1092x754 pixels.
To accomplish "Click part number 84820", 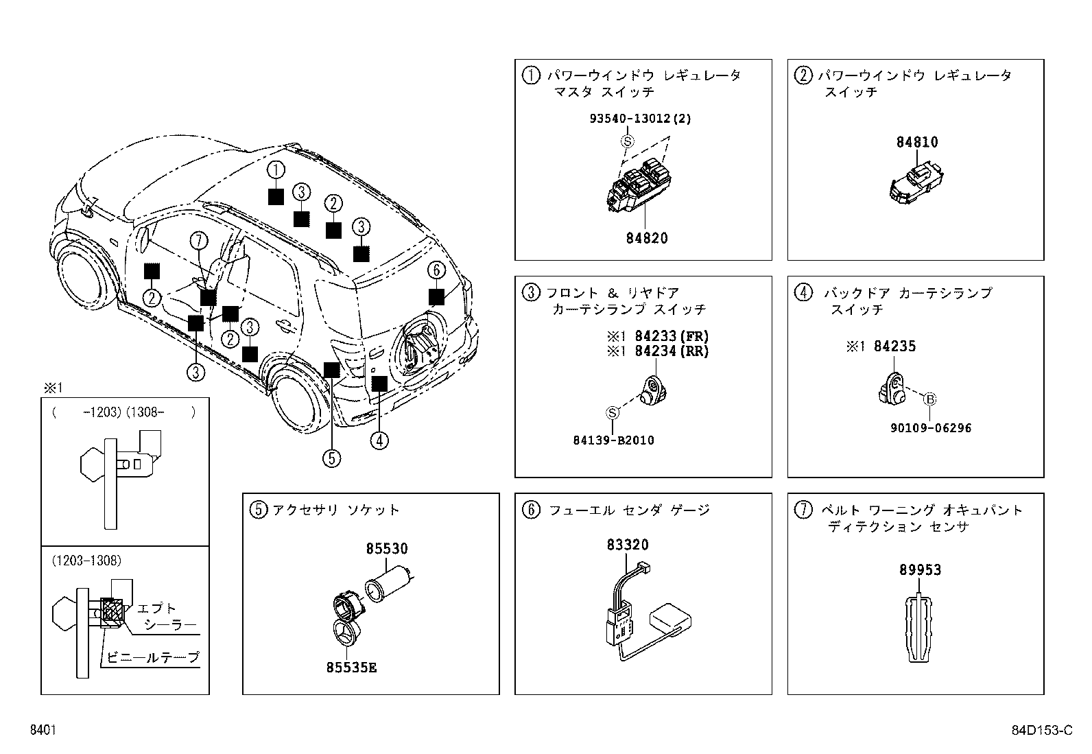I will (646, 238).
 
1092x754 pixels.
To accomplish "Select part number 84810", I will (917, 142).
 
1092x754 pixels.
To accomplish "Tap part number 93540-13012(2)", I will (640, 118).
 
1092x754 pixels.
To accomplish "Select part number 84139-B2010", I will (613, 440).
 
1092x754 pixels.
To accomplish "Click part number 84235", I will (894, 346).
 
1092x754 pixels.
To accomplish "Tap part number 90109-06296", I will (931, 427).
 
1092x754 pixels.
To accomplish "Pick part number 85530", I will (386, 548).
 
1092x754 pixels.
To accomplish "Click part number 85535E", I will (351, 668).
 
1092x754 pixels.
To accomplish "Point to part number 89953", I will (920, 569).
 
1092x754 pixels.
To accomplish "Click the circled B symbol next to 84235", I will (930, 399).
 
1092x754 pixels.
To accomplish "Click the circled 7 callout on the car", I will (198, 241).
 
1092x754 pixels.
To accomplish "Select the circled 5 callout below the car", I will (331, 458).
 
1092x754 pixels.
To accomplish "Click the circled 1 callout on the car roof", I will (275, 169).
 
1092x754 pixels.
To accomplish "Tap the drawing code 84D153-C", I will (1041, 730).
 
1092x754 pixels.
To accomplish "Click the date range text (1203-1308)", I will (86, 561).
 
